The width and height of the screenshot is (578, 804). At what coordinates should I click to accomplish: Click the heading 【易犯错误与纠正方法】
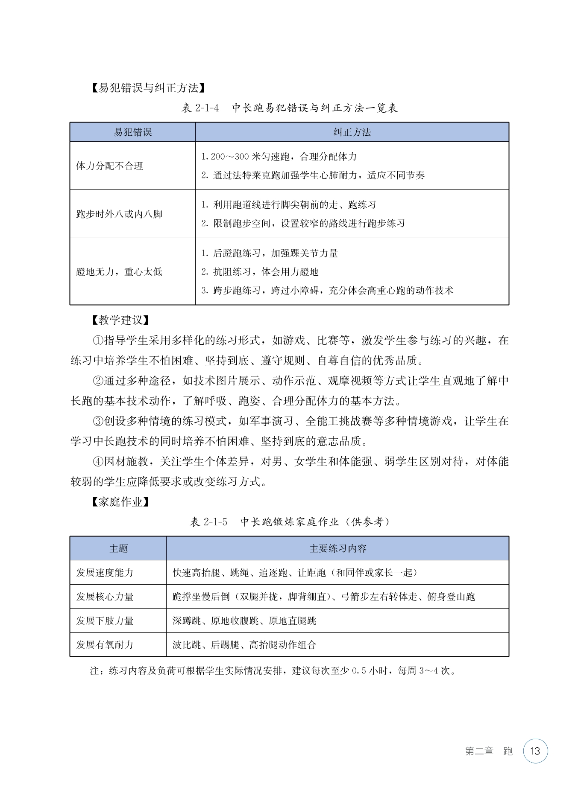(x=148, y=88)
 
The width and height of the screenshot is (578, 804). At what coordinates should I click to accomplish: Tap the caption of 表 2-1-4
(x=289, y=108)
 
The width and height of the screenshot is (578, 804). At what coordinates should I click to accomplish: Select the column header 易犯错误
(x=132, y=132)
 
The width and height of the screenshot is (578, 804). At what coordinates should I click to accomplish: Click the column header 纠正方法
(x=352, y=132)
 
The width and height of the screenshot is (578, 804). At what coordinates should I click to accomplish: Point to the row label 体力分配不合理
(x=109, y=166)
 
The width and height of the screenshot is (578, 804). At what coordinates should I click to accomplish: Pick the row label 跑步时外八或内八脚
(x=119, y=214)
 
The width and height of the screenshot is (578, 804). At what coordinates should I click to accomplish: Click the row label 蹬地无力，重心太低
(x=119, y=272)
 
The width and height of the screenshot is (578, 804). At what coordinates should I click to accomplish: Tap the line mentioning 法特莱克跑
(x=313, y=175)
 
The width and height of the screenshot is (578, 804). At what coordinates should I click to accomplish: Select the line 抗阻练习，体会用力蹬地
(x=260, y=272)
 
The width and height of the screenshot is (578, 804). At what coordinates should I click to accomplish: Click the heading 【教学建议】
(x=120, y=320)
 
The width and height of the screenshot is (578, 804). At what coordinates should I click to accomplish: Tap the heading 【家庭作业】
(x=120, y=502)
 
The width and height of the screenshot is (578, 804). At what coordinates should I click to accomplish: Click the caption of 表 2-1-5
(x=289, y=522)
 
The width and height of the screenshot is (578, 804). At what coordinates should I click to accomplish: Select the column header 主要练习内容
(x=337, y=549)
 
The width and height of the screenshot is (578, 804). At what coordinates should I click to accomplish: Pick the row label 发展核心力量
(x=105, y=597)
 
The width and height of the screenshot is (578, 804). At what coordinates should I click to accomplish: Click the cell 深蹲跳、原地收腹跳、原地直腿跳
(x=244, y=621)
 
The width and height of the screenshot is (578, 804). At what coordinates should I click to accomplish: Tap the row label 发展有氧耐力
(x=105, y=645)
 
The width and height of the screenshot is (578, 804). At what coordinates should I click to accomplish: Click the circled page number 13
(x=535, y=751)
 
